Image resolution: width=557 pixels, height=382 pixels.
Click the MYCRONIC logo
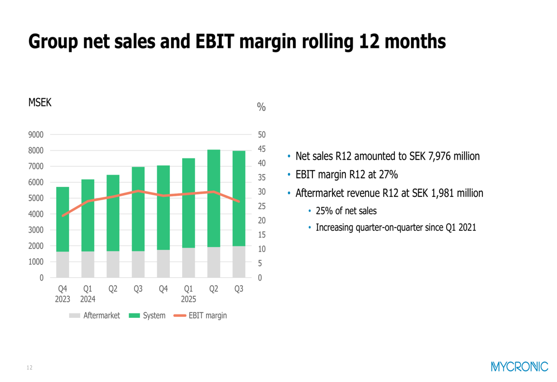pos(519,366)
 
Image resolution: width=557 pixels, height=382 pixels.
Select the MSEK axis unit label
pos(40,103)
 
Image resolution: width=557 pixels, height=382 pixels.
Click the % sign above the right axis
pos(261,107)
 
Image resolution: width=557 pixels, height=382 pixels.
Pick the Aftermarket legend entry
pos(95,316)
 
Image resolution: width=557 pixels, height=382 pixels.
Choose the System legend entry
pos(147,316)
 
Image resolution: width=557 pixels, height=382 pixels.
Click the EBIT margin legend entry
pos(201,316)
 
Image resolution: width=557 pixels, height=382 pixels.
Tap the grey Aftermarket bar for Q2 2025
pos(213,262)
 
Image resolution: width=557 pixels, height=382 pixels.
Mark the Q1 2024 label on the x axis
pos(88,293)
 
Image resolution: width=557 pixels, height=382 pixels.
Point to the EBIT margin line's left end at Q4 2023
pos(63,216)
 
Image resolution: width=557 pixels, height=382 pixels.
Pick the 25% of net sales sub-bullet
pos(346,211)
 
